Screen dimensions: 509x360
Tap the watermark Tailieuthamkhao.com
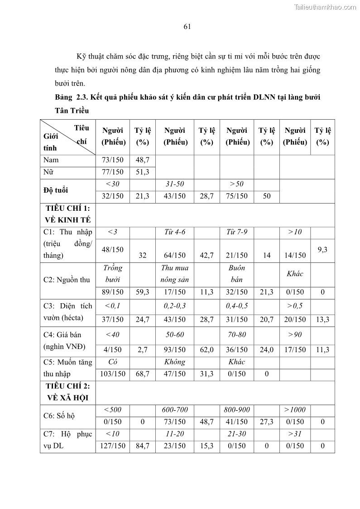(326, 7)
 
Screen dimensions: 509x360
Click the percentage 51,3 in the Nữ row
(143, 172)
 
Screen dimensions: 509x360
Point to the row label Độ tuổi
(56, 190)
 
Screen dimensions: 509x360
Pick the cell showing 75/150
(237, 196)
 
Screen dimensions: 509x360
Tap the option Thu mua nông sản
(175, 274)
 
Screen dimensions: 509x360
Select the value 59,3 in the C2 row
(143, 292)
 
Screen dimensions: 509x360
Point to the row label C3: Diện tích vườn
(67, 312)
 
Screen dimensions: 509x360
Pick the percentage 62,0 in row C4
(206, 349)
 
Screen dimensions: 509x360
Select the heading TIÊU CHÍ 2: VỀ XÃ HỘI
(67, 392)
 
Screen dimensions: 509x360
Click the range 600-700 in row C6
(175, 410)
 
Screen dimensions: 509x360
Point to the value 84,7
(143, 446)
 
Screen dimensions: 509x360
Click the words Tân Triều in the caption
(72, 111)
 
